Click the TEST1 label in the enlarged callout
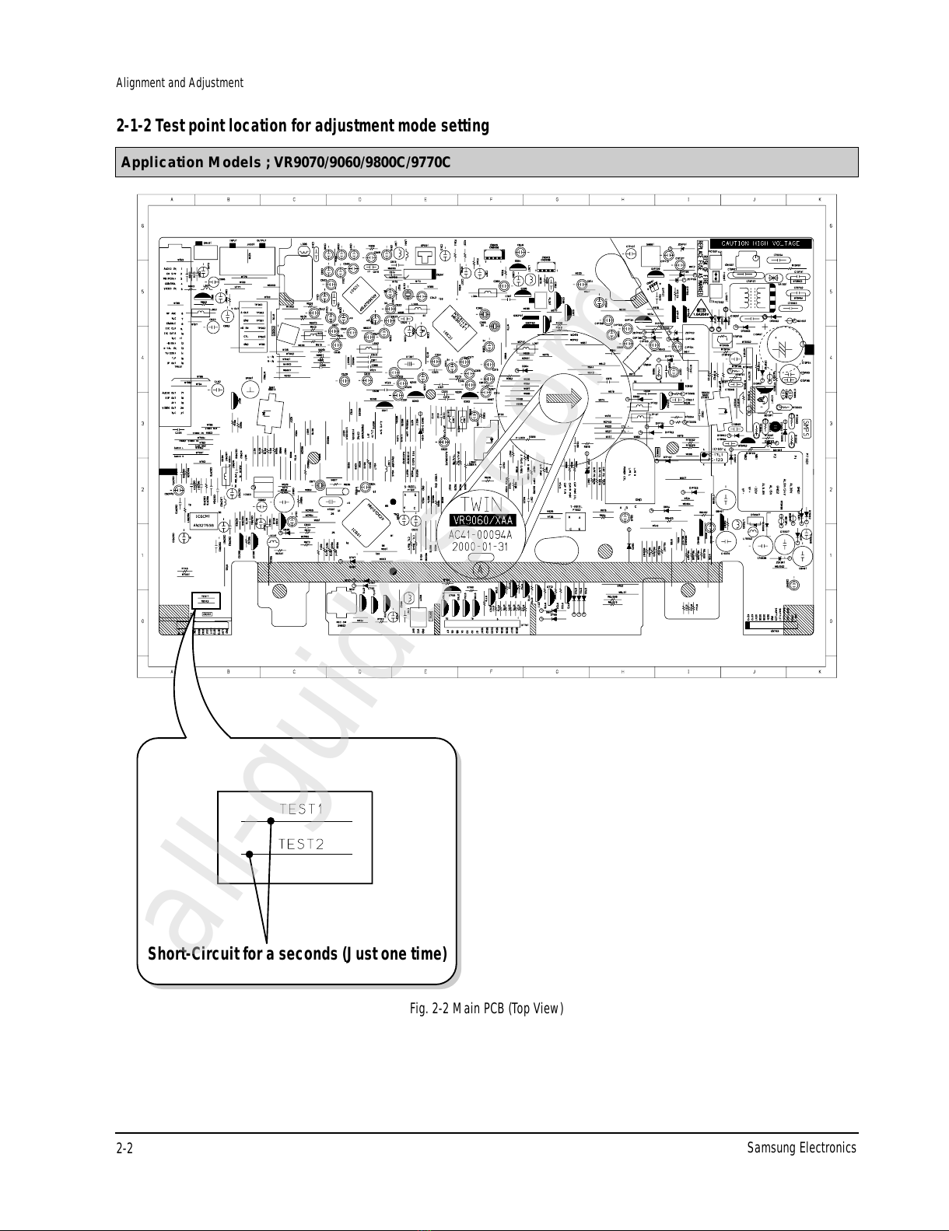[301, 809]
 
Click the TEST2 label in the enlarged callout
[301, 844]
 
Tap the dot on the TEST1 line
[271, 820]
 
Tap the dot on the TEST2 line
[250, 855]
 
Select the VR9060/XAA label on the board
[483, 520]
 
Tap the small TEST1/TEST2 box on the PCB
[205, 600]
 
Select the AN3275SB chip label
[204, 525]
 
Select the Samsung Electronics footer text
[800, 1148]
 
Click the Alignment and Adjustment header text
[180, 82]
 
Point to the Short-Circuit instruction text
[297, 953]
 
